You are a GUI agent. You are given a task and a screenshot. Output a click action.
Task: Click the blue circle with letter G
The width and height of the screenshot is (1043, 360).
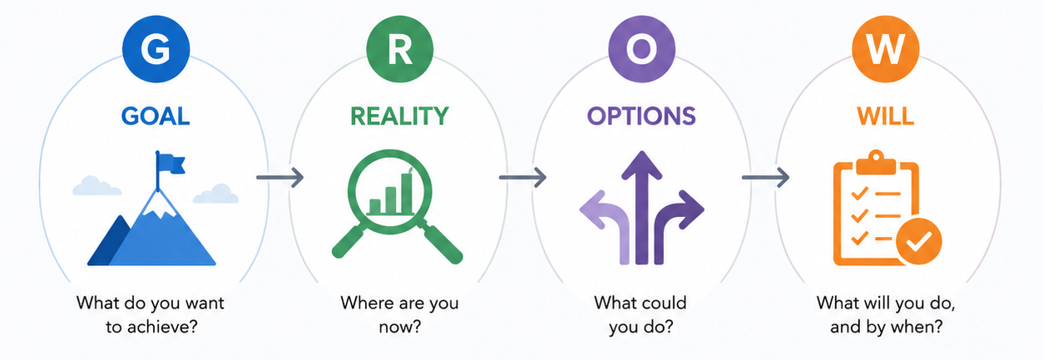156,49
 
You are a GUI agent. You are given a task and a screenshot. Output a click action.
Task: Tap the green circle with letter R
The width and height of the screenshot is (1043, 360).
399,49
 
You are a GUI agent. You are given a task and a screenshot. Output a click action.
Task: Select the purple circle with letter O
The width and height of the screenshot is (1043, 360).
641,49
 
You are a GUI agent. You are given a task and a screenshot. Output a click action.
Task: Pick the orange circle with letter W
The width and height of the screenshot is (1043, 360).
885,49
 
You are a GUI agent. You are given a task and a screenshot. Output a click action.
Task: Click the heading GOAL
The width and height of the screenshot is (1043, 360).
156,116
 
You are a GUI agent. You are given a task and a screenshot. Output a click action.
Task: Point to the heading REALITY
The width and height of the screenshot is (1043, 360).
399,116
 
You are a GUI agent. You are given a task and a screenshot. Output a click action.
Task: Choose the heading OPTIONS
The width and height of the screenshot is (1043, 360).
641,116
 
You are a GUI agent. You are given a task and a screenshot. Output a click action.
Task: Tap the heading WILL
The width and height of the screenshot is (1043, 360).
885,116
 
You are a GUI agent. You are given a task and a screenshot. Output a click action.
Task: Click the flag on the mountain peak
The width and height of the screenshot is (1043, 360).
171,164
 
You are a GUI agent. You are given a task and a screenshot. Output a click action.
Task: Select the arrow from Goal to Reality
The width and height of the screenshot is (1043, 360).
279,177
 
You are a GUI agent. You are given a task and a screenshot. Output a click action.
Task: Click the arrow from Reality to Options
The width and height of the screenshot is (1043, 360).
522,177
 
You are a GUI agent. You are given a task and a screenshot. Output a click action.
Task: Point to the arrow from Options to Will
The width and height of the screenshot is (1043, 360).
765,177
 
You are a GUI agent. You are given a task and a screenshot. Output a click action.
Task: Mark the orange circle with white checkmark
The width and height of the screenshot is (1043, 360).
919,241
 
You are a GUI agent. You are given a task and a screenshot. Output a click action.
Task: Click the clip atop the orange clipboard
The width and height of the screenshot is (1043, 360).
876,163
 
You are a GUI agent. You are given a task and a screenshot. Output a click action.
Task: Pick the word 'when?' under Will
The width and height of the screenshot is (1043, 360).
916,327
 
